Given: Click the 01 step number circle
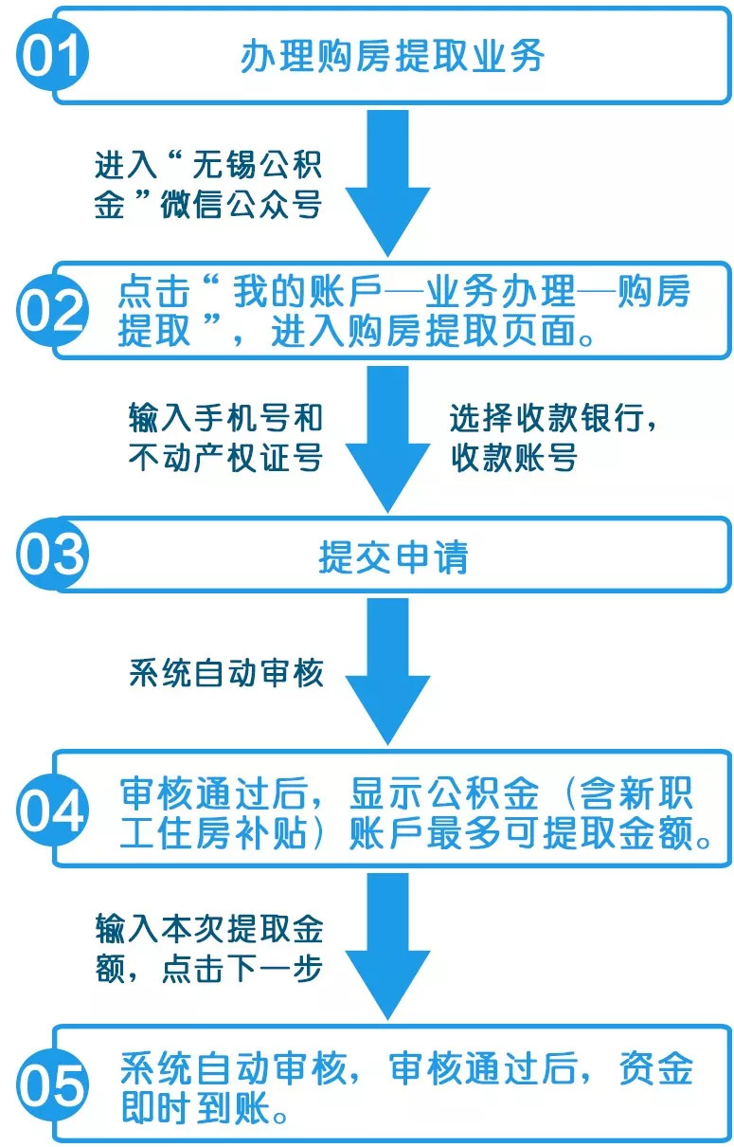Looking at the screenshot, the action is pos(52,55).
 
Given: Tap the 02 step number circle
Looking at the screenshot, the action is pos(52,310).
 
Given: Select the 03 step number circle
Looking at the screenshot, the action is pos(52,555).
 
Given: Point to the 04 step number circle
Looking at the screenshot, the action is pos(52,810).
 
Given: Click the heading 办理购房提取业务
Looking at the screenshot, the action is pos(392,56).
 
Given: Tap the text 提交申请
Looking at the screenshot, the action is pos(393,556).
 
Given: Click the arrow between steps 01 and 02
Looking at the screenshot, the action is pos(387,183).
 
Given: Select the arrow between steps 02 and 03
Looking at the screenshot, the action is pos(387,439).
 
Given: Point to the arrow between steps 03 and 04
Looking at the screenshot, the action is pos(387,671).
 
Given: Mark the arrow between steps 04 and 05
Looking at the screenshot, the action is pos(387,946).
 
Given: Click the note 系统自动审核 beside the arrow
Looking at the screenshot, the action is pos(226,673).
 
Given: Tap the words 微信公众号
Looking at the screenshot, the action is pos(241,205).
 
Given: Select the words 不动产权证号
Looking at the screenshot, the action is pos(225,457).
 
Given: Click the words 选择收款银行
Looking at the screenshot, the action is pos(546,417).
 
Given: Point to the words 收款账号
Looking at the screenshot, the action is pos(514,457).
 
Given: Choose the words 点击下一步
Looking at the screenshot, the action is pos(242,968).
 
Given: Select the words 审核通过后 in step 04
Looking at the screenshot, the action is pos(214,793).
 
